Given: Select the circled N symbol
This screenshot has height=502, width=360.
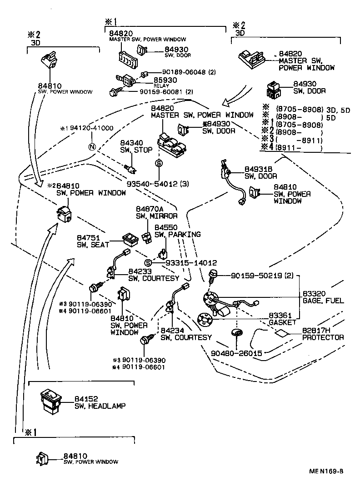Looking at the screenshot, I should tap(92, 146).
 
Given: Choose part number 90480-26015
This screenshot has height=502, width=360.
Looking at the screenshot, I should tap(236, 353).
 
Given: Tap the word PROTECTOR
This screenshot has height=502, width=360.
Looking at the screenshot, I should tap(323, 337).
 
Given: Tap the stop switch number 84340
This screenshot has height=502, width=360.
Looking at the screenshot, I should tap(131, 143).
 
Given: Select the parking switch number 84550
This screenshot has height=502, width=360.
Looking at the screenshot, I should tap(166, 227).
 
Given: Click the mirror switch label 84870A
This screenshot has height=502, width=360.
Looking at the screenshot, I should tap(152, 209).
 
